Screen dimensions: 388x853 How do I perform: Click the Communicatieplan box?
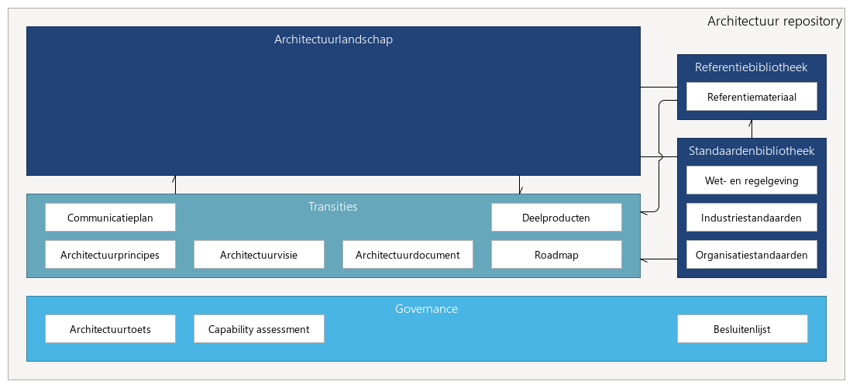click(x=110, y=218)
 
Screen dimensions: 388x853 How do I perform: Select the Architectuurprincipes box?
click(x=110, y=255)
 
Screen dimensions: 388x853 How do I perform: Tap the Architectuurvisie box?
click(x=259, y=255)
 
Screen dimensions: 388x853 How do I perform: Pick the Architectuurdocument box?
click(x=408, y=255)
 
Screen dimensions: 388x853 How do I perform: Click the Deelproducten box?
click(x=556, y=218)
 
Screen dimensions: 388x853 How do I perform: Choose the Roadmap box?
click(x=556, y=255)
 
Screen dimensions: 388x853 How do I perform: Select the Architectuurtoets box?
click(x=110, y=329)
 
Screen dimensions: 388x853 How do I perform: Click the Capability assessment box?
click(x=259, y=329)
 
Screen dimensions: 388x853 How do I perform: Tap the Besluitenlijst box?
click(x=742, y=329)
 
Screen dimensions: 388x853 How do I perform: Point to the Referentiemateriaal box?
click(x=752, y=98)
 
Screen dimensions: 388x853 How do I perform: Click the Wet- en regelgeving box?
click(x=752, y=180)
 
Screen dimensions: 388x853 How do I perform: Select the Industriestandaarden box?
click(x=752, y=218)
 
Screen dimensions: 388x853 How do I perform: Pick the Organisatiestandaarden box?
click(x=752, y=255)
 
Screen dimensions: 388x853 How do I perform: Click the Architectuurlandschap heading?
click(x=333, y=39)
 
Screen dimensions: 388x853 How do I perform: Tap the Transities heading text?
click(x=333, y=207)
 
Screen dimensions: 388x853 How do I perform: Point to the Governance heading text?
click(x=426, y=309)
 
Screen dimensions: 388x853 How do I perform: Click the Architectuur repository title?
click(x=774, y=21)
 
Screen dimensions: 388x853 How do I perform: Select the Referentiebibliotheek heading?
click(x=752, y=67)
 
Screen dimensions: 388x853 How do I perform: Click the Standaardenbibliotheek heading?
click(x=752, y=151)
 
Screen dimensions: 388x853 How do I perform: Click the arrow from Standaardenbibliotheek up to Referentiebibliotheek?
click(x=752, y=129)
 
